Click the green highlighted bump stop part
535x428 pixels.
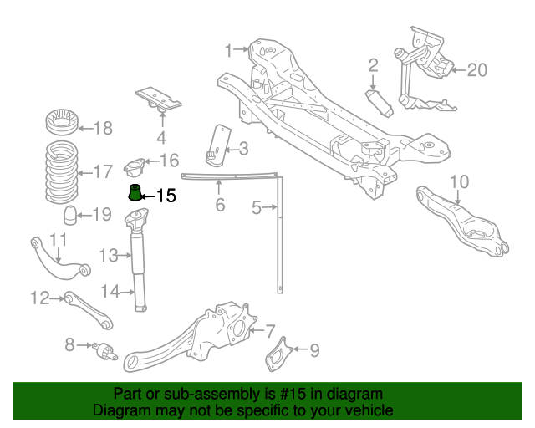click(x=134, y=194)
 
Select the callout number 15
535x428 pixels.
click(x=166, y=196)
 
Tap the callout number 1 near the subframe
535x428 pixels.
click(x=228, y=51)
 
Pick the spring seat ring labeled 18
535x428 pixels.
click(x=61, y=125)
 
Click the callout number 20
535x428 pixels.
click(x=476, y=69)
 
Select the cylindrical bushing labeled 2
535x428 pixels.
click(x=380, y=104)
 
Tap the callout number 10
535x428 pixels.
click(x=460, y=181)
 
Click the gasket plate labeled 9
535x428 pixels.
click(x=278, y=358)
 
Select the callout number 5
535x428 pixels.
click(x=257, y=205)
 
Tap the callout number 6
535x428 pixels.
click(x=220, y=205)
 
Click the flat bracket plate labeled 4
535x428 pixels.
click(x=159, y=99)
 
